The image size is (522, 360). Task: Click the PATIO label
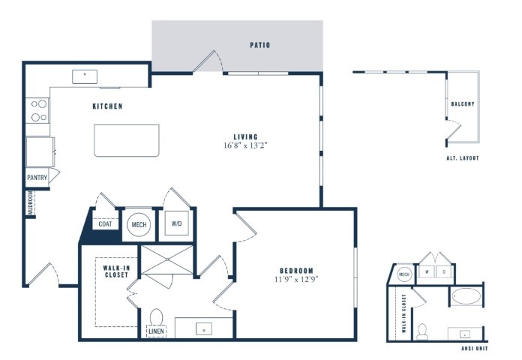[260, 45]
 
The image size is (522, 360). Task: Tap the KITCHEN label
[107, 106]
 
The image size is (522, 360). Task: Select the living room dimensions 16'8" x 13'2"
[246, 145]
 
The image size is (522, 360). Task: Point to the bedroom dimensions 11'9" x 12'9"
[296, 279]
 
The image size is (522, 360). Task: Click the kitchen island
[127, 140]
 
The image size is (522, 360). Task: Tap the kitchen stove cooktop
[37, 110]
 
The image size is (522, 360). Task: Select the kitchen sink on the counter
[85, 76]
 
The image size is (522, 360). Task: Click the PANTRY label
[37, 178]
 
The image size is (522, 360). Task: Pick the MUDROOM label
[30, 202]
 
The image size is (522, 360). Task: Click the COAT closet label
[105, 224]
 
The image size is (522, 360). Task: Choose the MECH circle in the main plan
[139, 225]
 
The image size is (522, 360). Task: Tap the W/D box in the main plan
[177, 223]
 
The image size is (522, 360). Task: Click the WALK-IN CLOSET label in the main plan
[116, 271]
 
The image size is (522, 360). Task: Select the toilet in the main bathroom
[156, 316]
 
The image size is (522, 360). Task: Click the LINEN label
[156, 331]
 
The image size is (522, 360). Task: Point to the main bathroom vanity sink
[204, 329]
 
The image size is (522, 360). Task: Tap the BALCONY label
[463, 104]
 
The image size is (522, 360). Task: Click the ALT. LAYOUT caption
[463, 158]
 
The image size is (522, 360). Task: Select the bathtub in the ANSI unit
[466, 296]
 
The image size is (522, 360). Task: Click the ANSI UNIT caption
[475, 349]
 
